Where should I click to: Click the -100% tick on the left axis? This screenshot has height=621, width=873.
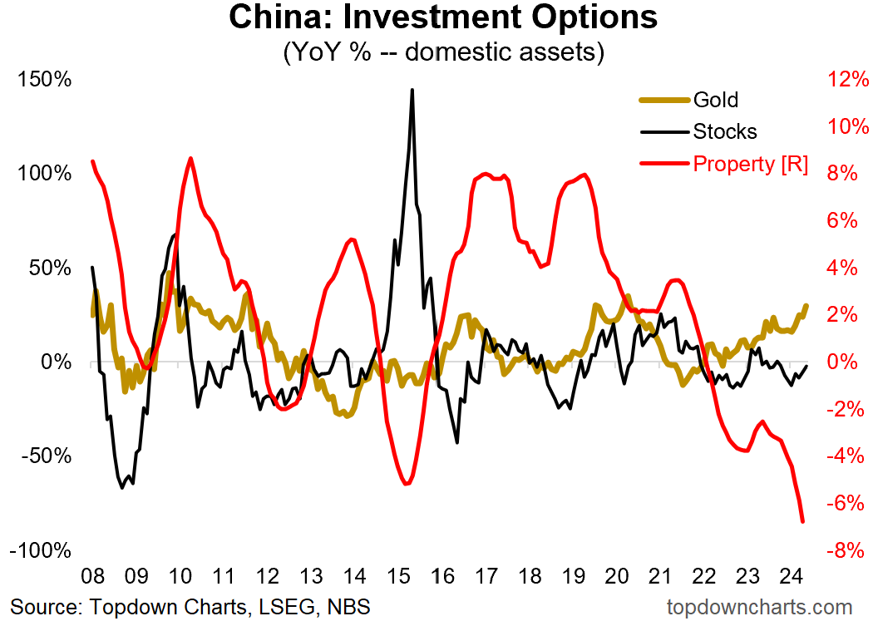pos(39,551)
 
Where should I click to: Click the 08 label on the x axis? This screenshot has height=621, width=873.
pos(92,576)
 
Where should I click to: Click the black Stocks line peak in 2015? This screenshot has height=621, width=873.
pos(412,90)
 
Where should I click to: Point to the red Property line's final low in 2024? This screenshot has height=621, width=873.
pos(803,521)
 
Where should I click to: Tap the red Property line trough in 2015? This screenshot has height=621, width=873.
pos(405,484)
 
